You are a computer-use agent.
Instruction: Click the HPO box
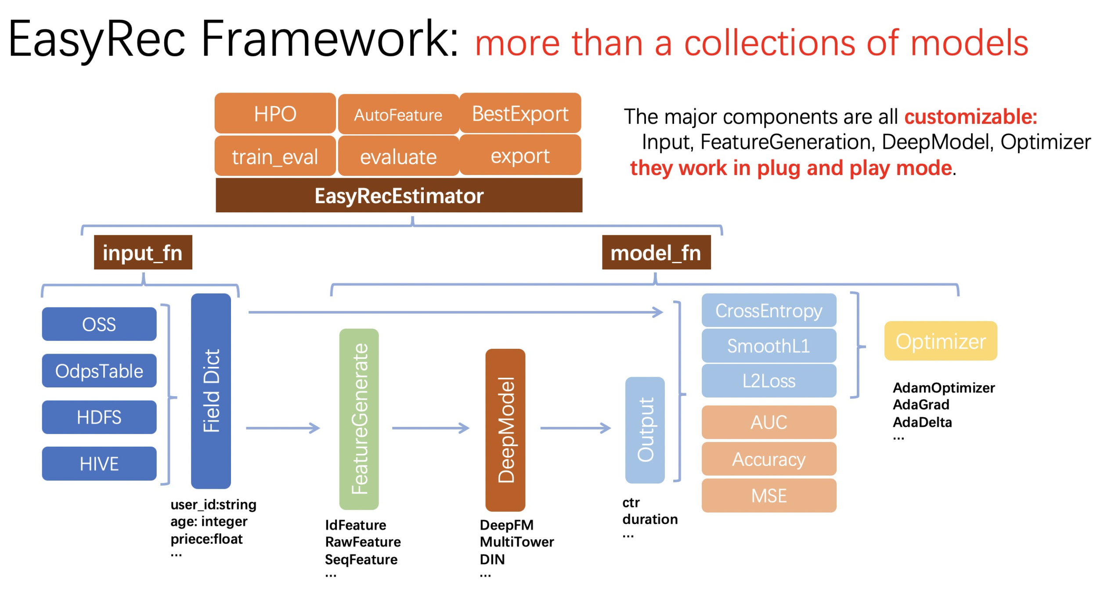(275, 113)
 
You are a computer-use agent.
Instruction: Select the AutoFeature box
(398, 114)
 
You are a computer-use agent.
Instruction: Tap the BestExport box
(520, 113)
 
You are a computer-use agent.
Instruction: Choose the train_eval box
(275, 156)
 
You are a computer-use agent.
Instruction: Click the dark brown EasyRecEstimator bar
(399, 195)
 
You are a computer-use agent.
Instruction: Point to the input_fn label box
(143, 252)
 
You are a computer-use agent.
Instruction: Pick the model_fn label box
(656, 252)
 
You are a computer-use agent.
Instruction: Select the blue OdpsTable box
(99, 371)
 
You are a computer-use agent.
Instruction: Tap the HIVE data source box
(99, 463)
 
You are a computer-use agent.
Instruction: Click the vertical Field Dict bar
(211, 391)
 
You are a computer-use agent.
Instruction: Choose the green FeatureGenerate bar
(359, 419)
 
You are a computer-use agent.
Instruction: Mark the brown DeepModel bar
(505, 430)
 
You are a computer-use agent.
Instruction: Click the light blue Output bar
(645, 430)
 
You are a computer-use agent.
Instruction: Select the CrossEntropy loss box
(769, 310)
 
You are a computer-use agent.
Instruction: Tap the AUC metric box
(769, 422)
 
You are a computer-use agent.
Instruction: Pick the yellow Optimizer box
(941, 341)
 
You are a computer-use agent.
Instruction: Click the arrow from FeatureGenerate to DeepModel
(431, 428)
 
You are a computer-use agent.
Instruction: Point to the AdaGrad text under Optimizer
(921, 404)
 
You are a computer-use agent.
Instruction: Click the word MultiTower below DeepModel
(517, 542)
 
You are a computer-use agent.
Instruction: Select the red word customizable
(971, 117)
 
